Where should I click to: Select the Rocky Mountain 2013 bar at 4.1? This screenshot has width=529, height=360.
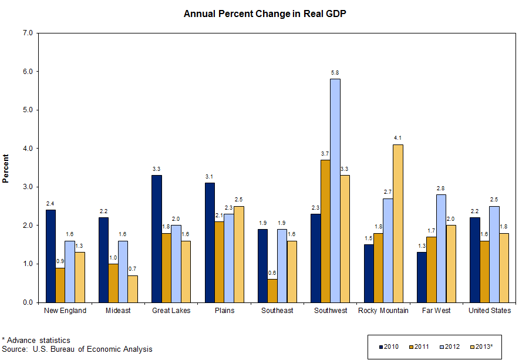(398, 223)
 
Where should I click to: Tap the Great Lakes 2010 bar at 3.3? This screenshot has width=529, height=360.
(156, 238)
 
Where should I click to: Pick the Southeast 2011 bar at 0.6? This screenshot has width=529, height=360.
(272, 291)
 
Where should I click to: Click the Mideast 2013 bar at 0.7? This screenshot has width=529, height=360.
(133, 289)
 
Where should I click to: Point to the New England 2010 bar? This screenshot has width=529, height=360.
(50, 256)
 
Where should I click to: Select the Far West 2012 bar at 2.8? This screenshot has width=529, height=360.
(441, 248)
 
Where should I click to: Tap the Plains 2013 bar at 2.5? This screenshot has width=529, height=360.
(239, 254)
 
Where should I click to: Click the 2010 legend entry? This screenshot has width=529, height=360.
(388, 346)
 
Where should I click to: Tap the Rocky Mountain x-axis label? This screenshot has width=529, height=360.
(383, 311)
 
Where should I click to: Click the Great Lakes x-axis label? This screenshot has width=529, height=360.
(171, 311)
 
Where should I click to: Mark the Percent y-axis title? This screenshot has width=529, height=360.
(6, 168)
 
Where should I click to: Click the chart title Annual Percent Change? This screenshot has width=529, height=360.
(265, 14)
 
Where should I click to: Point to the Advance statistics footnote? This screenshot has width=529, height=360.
(36, 340)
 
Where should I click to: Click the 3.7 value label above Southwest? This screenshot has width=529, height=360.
(325, 153)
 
